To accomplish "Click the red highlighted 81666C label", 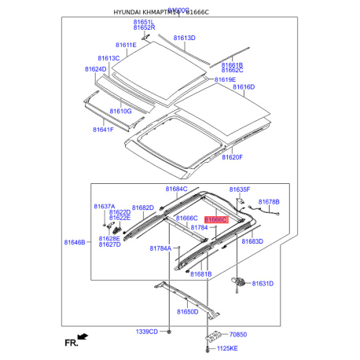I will pyautogui.click(x=215, y=221).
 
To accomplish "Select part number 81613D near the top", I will pyautogui.click(x=184, y=38).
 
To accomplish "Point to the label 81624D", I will pyautogui.click(x=95, y=69).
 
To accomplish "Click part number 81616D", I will pyautogui.click(x=244, y=87).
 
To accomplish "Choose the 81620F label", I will pyautogui.click(x=232, y=157).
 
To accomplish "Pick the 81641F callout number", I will pyautogui.click(x=103, y=129).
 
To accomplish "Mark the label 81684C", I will pyautogui.click(x=176, y=189).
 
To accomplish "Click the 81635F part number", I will pyautogui.click(x=240, y=189).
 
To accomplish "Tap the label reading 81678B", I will pyautogui.click(x=269, y=202).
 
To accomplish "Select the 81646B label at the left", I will pyautogui.click(x=75, y=244).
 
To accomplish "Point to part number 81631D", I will pyautogui.click(x=263, y=283).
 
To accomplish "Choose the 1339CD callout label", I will pyautogui.click(x=147, y=332).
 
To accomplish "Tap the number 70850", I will pyautogui.click(x=239, y=335).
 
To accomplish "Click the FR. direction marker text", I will pyautogui.click(x=71, y=342).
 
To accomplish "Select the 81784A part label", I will pyautogui.click(x=160, y=248).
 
